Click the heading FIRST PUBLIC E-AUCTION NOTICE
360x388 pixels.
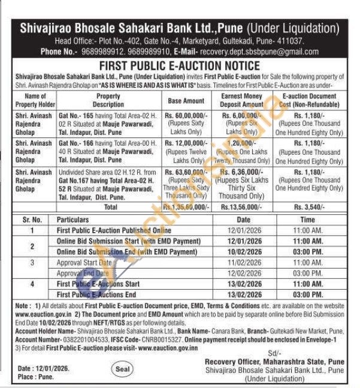(x=180, y=65)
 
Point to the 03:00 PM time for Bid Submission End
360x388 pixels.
(x=308, y=251)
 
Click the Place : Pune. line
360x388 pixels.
(x=36, y=377)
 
